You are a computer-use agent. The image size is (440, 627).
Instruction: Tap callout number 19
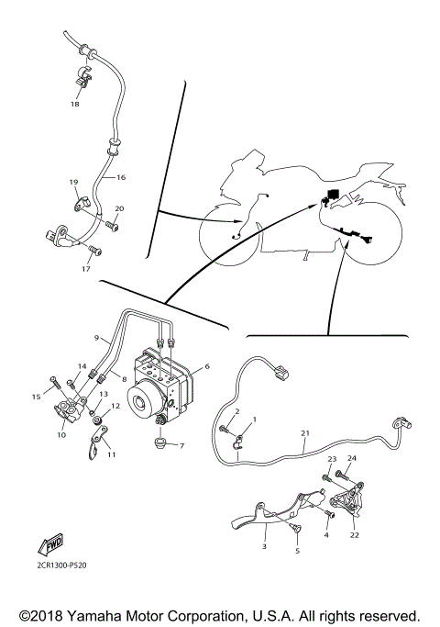[74, 184]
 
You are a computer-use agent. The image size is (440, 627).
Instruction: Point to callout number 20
[119, 209]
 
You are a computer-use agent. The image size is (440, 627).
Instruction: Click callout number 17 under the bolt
[87, 270]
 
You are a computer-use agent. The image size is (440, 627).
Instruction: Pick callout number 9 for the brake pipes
[94, 338]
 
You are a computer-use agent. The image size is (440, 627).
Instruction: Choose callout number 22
[354, 535]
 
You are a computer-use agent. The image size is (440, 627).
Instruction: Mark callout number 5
[296, 551]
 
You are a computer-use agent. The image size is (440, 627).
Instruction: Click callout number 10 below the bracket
[61, 435]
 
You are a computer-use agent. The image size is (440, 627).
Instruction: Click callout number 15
[38, 397]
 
